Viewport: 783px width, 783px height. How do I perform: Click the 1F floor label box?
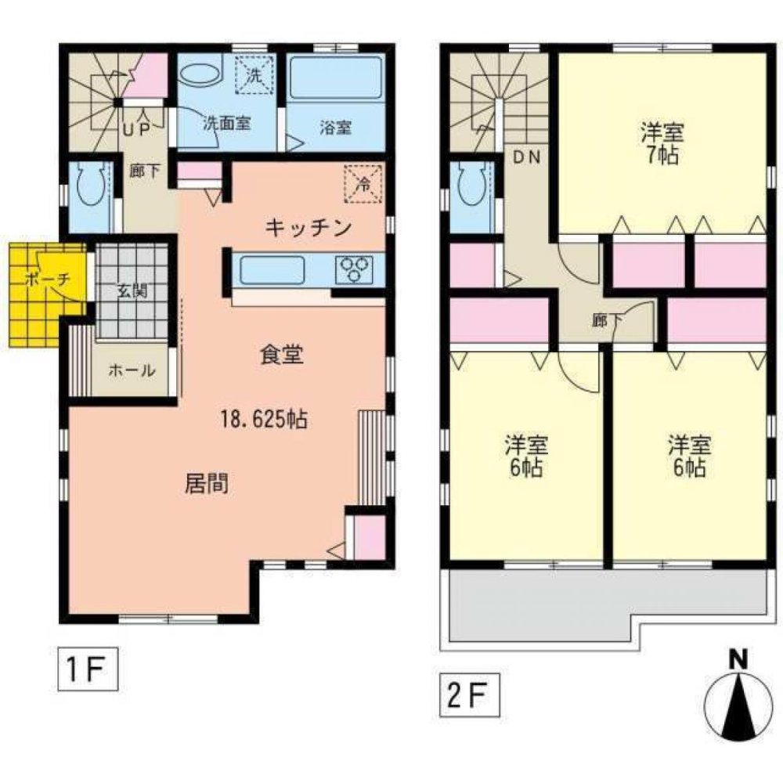coord(88,669)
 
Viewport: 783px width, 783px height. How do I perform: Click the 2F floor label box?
coord(470,695)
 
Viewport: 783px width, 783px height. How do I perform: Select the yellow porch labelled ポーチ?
coord(45,294)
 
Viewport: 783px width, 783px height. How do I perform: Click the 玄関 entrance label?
coord(132,290)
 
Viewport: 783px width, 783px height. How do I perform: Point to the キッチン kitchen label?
coord(308,228)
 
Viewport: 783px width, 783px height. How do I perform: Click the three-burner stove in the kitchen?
coord(354,269)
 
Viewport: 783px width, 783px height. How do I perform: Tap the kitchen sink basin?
coord(272,270)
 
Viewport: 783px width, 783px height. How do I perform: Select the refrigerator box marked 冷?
coord(364,184)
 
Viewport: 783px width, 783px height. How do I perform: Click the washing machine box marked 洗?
coord(254,75)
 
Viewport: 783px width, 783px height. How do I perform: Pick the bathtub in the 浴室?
coord(336,78)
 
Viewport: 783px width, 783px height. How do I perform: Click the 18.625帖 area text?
coord(264,419)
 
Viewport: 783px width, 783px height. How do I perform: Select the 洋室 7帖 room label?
coord(662,144)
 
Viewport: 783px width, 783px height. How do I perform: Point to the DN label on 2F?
coord(527,157)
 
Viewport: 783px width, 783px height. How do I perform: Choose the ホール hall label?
coord(132,370)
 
